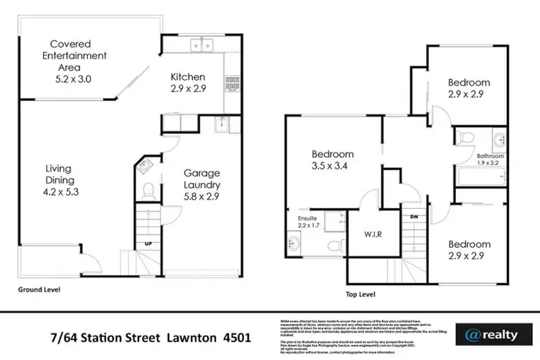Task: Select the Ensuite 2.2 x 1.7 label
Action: pos(301,219)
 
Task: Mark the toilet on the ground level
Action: pos(148,191)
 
